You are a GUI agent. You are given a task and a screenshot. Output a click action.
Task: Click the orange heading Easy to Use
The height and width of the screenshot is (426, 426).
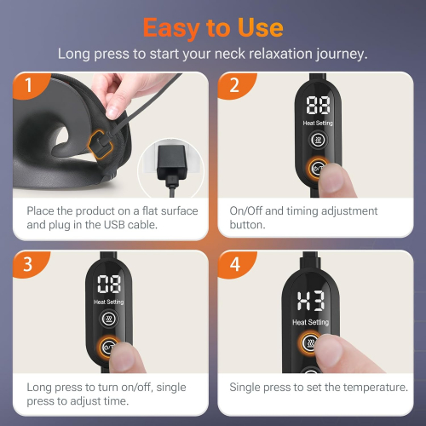213,28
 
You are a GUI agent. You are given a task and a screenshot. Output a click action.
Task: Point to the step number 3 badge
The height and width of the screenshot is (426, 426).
29,264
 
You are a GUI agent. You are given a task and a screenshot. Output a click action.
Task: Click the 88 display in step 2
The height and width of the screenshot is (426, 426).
318,105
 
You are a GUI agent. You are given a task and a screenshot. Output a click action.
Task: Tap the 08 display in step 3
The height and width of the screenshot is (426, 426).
109,284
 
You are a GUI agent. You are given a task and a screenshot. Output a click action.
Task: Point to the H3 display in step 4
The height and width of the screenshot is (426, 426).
311,301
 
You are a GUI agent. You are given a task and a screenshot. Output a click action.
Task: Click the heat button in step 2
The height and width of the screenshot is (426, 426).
318,140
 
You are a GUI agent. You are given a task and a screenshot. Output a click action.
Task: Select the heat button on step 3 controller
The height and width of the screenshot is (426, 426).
108,319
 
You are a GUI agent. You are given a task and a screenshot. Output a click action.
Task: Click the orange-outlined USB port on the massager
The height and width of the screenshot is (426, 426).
100,145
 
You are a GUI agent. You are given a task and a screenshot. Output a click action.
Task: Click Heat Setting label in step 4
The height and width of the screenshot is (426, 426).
311,322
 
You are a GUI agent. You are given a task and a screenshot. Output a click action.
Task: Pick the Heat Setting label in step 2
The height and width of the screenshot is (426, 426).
318,123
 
